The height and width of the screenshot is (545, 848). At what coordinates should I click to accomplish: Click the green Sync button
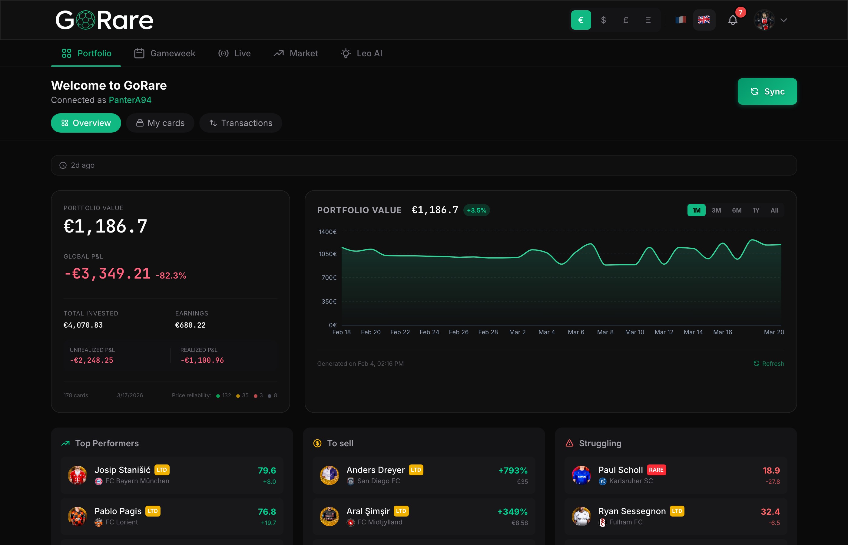coord(767,91)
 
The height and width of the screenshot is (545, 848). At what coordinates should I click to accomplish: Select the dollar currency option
coord(603,20)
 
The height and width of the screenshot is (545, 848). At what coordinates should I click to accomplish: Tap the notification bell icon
coord(733,20)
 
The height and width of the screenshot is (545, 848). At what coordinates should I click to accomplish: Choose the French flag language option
coord(681,20)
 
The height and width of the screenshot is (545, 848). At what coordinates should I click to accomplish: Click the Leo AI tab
coord(361,53)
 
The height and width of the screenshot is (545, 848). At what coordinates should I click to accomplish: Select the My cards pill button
coord(160,123)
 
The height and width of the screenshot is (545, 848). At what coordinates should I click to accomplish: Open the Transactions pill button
coord(241,123)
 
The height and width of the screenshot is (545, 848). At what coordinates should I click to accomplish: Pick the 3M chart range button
coord(716,210)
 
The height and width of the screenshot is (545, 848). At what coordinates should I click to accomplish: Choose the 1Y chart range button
coord(756,210)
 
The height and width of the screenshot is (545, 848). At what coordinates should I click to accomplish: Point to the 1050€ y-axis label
coord(327,254)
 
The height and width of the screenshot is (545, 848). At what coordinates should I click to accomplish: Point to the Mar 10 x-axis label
coord(634,332)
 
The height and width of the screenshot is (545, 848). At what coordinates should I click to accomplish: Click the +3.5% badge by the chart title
coord(476,210)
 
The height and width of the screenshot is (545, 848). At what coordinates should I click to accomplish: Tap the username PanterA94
coord(130,100)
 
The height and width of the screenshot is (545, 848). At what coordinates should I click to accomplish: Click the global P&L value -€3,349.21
coord(107,274)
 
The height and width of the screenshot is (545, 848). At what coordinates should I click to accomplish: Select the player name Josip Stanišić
coord(122,470)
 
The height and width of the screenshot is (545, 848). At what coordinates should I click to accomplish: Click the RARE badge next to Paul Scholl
coord(656,470)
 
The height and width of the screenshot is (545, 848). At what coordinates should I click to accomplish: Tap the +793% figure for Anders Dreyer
coord(513,470)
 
